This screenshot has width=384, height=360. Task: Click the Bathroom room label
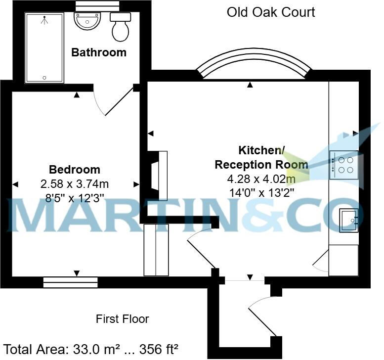point(99,52)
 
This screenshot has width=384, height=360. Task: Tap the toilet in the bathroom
point(120,27)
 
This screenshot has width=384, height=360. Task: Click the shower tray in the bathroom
point(44,47)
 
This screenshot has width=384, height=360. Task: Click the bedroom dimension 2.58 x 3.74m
point(74,184)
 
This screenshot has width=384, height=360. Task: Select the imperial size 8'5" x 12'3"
point(74,197)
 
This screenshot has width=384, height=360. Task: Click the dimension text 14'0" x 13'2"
point(255,193)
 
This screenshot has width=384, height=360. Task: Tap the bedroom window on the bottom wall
point(70,282)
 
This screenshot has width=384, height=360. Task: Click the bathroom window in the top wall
point(97,4)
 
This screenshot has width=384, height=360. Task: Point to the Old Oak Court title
point(271,12)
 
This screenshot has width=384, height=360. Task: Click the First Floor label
point(122,319)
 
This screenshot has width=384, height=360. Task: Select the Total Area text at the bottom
point(91,349)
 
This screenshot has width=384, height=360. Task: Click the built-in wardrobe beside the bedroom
point(156,250)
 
